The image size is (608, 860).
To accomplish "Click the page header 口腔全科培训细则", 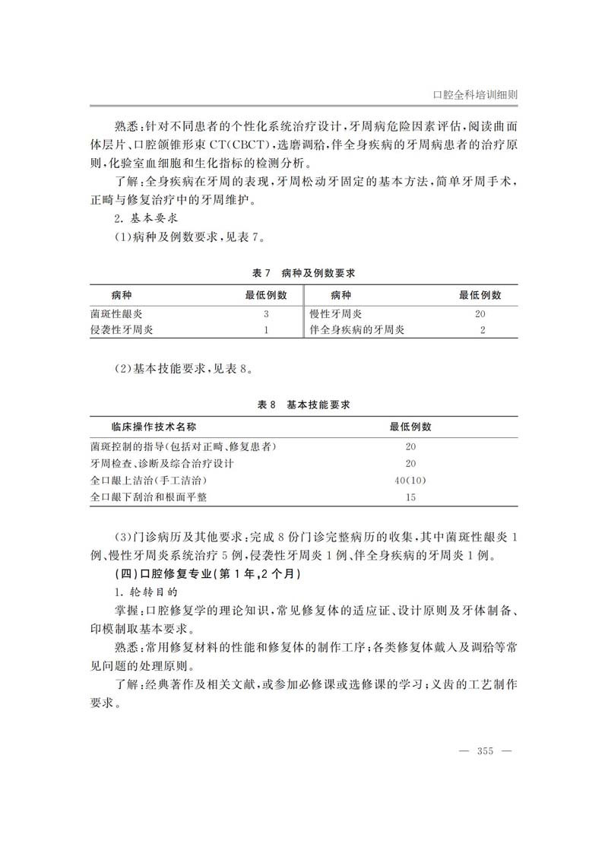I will [x=475, y=95].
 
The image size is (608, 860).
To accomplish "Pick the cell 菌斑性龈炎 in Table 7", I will [x=116, y=314].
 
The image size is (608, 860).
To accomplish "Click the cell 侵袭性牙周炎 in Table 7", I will [x=121, y=330].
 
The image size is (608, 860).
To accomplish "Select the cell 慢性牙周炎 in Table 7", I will [x=336, y=314].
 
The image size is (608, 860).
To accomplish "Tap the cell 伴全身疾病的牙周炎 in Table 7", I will [x=357, y=330].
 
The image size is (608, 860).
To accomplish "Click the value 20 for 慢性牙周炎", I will [x=480, y=314].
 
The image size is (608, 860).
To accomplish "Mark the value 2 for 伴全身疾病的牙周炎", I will [x=482, y=330].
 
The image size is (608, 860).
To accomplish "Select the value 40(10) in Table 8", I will [x=410, y=481].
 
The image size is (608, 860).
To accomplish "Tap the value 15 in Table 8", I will [x=410, y=497].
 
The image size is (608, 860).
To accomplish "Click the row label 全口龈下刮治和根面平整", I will [x=148, y=497].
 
